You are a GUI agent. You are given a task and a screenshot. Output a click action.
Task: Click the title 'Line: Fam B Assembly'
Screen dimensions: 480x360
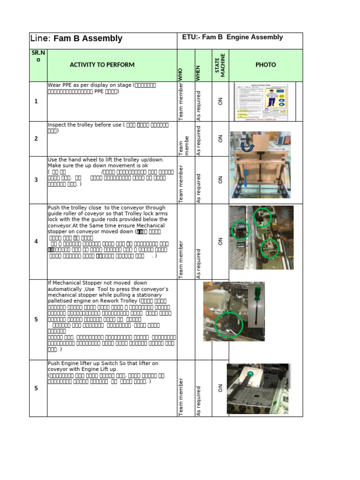[x=76, y=39]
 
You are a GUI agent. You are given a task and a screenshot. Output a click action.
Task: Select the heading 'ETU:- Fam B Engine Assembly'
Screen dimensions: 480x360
[x=232, y=37]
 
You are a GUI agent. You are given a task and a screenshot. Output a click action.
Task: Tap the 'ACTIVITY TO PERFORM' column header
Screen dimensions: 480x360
[x=102, y=65]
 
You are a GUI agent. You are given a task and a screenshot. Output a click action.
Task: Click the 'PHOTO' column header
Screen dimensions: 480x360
[x=265, y=65]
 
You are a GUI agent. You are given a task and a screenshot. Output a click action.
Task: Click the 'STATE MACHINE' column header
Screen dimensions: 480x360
[x=220, y=65]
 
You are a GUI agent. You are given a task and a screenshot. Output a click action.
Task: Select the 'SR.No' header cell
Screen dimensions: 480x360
[x=38, y=56]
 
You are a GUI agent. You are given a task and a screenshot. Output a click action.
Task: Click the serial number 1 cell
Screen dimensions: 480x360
[x=36, y=102]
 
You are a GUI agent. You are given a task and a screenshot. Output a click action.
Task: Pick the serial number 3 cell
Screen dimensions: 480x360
[x=36, y=180]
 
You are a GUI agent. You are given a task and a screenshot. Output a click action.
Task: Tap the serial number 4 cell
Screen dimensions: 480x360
[x=36, y=242]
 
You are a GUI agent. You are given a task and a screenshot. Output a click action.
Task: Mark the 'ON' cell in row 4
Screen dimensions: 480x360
[x=220, y=242]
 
